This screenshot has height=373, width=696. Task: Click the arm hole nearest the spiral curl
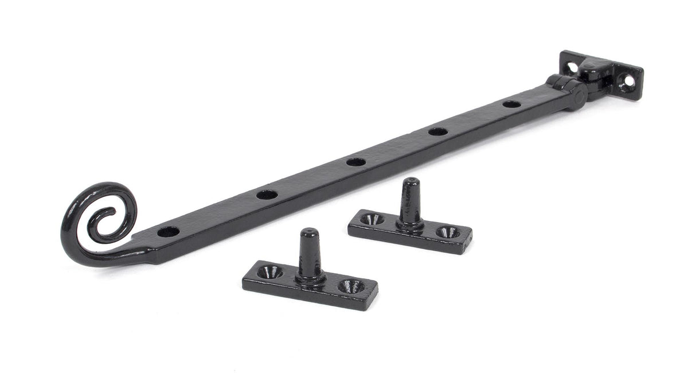coord(169,232)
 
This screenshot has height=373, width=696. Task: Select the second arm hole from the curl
coord(267,195)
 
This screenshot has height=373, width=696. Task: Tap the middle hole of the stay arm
coord(356,162)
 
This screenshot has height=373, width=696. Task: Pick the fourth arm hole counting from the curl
coord(438,131)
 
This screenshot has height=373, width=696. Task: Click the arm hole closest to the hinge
coord(511,104)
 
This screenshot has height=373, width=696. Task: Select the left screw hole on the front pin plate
coord(269,272)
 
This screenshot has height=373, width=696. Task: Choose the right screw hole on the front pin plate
coord(351,285)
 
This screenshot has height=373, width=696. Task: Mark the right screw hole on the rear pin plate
coord(448,232)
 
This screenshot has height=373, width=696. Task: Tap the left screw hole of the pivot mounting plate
coord(572,67)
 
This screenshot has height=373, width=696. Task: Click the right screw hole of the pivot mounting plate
coord(628,81)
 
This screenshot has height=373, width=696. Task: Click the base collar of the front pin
coord(310,277)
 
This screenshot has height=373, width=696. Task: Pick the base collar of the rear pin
coord(410,224)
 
